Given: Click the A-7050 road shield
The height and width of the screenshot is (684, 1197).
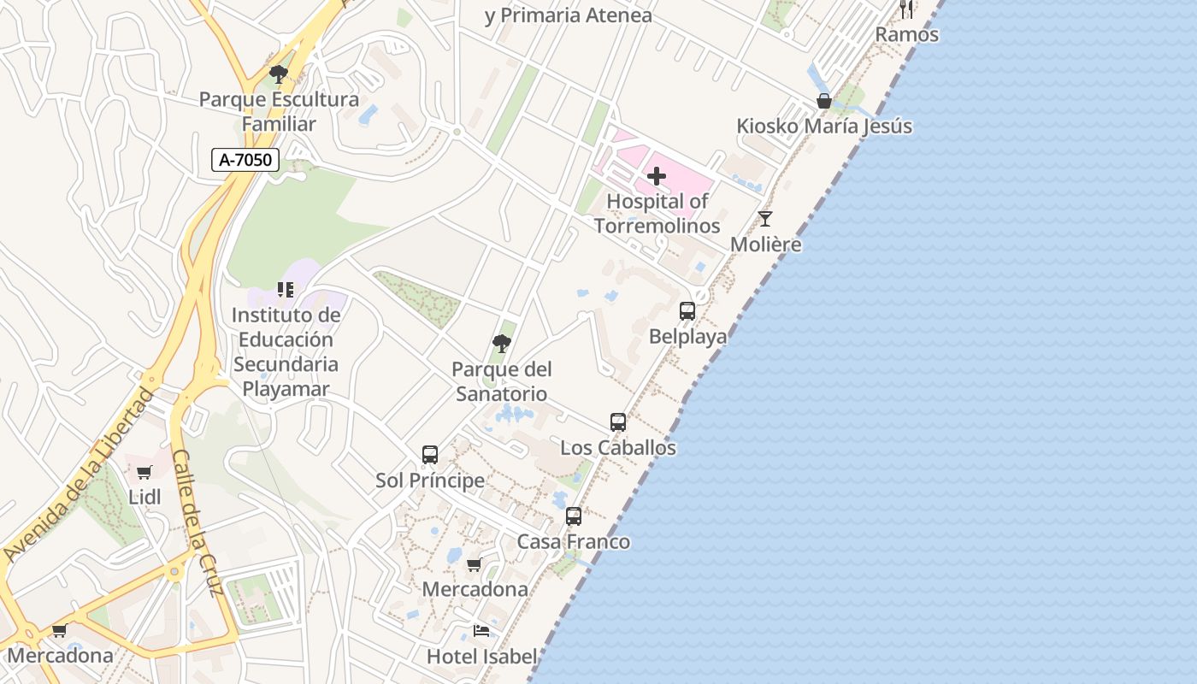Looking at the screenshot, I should (x=245, y=159).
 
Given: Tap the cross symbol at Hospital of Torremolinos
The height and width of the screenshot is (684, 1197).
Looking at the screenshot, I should (x=657, y=176).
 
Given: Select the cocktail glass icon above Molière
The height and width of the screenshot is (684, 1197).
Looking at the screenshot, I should (x=765, y=219).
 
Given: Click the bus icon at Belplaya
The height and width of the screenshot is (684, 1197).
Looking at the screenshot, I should (x=687, y=311).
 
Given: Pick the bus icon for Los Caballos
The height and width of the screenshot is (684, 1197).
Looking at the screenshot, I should (x=618, y=422).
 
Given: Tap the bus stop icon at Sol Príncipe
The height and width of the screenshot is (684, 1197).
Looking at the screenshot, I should (x=430, y=455).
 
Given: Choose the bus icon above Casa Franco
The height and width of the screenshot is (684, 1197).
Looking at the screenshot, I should (x=574, y=516).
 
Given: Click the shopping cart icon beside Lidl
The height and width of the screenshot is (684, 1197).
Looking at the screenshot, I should (x=144, y=472).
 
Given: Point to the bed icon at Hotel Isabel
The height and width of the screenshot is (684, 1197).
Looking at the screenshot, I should (x=481, y=631).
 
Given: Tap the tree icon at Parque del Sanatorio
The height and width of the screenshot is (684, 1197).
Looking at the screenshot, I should (x=502, y=344).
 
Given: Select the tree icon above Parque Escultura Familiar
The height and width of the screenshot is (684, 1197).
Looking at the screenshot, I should (x=279, y=74).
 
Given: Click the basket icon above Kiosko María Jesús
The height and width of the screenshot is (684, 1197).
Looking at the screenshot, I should (x=824, y=101).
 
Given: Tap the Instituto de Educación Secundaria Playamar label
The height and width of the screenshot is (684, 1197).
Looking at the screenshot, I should (x=286, y=352).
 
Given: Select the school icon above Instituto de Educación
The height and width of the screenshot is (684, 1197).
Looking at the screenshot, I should (x=286, y=290).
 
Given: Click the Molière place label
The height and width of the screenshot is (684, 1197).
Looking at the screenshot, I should (x=766, y=245).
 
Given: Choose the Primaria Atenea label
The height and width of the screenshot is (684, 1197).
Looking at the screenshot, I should (x=568, y=15).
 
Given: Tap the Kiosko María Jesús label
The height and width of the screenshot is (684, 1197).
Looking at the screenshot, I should (x=824, y=127).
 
